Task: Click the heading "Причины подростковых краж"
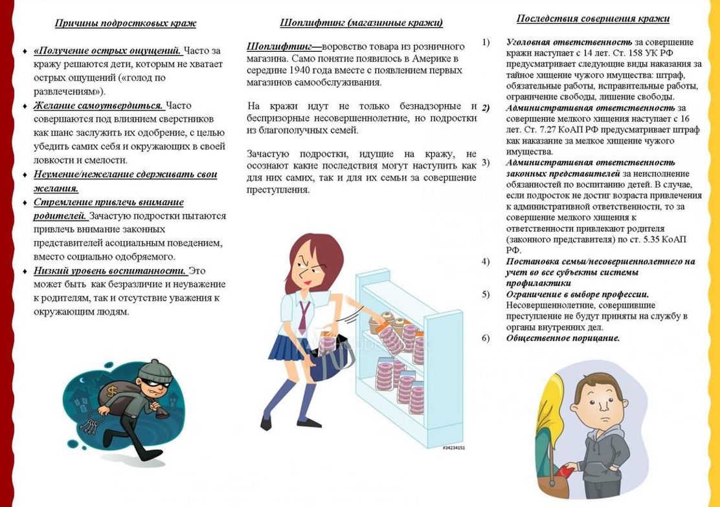[x=125, y=23]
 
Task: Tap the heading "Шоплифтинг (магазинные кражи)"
[x=361, y=23]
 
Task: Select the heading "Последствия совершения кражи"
[x=592, y=19]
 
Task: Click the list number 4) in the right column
[x=486, y=261]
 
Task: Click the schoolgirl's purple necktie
[x=304, y=316]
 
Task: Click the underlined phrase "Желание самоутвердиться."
[x=98, y=105]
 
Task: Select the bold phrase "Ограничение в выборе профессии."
[x=577, y=294]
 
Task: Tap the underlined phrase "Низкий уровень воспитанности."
[x=110, y=271]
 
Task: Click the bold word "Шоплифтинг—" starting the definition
[x=284, y=47]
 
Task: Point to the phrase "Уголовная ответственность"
[x=568, y=42]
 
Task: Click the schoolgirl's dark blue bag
[x=330, y=360]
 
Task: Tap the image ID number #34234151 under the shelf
[x=453, y=448]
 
